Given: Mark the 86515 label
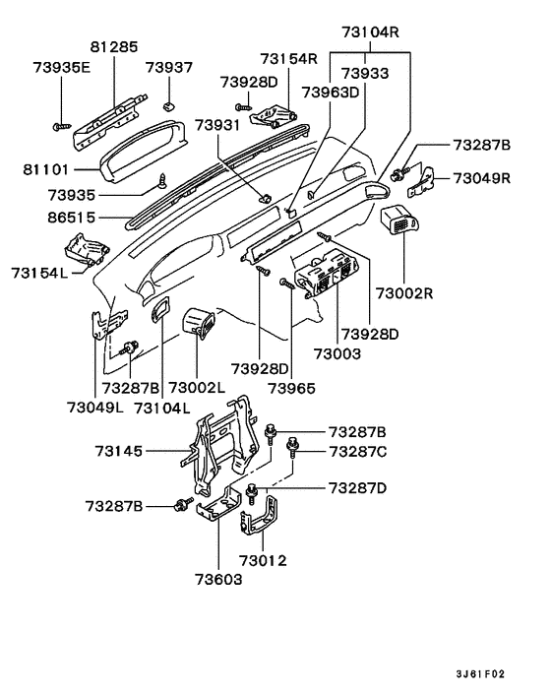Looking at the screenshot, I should (47, 212).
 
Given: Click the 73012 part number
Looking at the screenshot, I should (260, 560).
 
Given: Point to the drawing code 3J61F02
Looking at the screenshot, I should (480, 674).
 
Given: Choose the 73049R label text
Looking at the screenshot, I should (482, 178).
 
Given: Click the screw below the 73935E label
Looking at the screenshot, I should (60, 126).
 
